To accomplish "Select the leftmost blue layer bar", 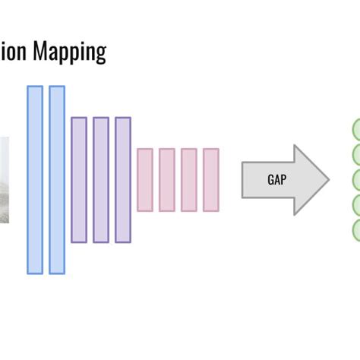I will (35, 179).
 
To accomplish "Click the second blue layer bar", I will (57, 179).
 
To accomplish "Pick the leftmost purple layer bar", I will (79, 180).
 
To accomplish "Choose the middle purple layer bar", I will (100, 180).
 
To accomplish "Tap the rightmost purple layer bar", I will (122, 180).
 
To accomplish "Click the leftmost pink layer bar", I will (144, 180).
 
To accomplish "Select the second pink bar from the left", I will (166, 180).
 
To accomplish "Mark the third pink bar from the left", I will (188, 180).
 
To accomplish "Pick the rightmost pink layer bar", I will (210, 180).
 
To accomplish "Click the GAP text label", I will (277, 180).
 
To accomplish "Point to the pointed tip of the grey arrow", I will (327, 180).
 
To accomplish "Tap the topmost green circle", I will (355, 128).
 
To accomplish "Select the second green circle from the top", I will (355, 154).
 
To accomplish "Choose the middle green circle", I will (355, 180).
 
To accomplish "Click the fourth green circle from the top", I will (355, 205).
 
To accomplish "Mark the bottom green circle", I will (355, 230).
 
